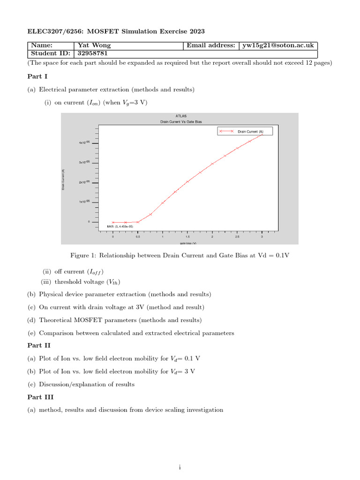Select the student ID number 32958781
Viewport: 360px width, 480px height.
click(93, 53)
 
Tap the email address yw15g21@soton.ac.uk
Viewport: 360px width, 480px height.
click(277, 45)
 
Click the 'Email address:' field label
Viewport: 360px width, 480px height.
click(210, 45)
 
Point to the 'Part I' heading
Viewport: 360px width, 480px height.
click(37, 76)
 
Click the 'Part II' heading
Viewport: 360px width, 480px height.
click(38, 345)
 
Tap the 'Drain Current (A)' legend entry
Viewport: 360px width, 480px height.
click(250, 132)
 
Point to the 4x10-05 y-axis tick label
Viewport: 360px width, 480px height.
click(84, 142)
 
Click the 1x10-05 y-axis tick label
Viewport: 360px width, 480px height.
click(84, 202)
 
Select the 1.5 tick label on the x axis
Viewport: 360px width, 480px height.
click(187, 237)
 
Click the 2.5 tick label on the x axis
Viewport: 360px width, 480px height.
click(237, 237)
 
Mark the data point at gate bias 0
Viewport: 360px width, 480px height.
click(113, 222)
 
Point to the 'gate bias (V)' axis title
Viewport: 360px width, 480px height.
click(187, 243)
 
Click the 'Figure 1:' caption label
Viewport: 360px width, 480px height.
click(83, 255)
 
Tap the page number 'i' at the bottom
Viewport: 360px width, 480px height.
click(180, 467)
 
